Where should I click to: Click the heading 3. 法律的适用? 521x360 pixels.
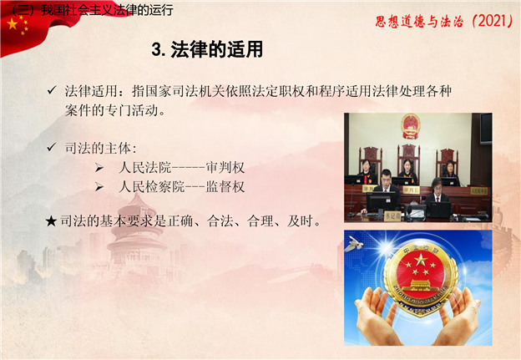(207, 49)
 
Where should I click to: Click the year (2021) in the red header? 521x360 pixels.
(492, 21)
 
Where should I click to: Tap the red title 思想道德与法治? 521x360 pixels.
(419, 22)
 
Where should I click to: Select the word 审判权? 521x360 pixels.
(225, 167)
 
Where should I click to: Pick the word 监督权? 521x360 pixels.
(225, 186)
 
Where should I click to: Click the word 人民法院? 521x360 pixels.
(144, 167)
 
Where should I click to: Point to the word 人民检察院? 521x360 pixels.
(151, 186)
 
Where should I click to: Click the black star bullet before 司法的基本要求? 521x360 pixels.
(51, 221)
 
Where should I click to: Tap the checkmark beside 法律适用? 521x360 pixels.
(52, 89)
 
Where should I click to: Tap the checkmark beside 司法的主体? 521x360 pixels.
(52, 147)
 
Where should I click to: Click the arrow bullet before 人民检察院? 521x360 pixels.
(99, 187)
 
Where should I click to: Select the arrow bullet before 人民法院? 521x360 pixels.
(99, 168)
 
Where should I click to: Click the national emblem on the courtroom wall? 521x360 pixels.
(411, 125)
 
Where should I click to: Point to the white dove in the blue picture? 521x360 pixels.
(354, 244)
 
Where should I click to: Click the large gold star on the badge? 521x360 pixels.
(421, 260)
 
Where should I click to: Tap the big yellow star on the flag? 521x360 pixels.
(13, 24)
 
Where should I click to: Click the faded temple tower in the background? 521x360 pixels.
(137, 233)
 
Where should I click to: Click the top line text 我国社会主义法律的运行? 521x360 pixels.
(107, 10)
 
